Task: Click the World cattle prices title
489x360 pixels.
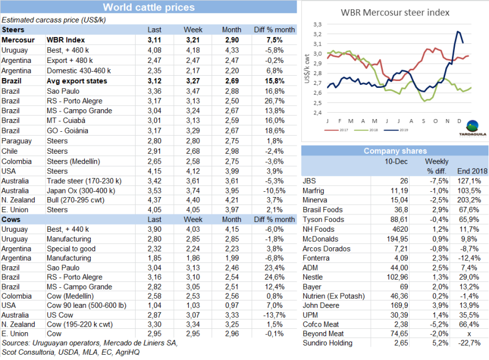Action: coord(148,8)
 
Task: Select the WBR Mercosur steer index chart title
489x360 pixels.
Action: coord(395,12)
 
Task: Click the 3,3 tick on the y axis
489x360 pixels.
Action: coord(316,25)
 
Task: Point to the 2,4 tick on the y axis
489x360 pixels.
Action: coord(316,113)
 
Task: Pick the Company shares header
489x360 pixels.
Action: coord(394,151)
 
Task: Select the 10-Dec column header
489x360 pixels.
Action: coord(395,161)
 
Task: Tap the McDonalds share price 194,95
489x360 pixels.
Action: coord(394,239)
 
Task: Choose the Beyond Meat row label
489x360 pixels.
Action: coord(323,334)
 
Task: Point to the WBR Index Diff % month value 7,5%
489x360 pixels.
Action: coord(275,40)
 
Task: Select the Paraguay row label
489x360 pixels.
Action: coord(17,141)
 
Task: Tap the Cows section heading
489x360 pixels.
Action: coord(12,220)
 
